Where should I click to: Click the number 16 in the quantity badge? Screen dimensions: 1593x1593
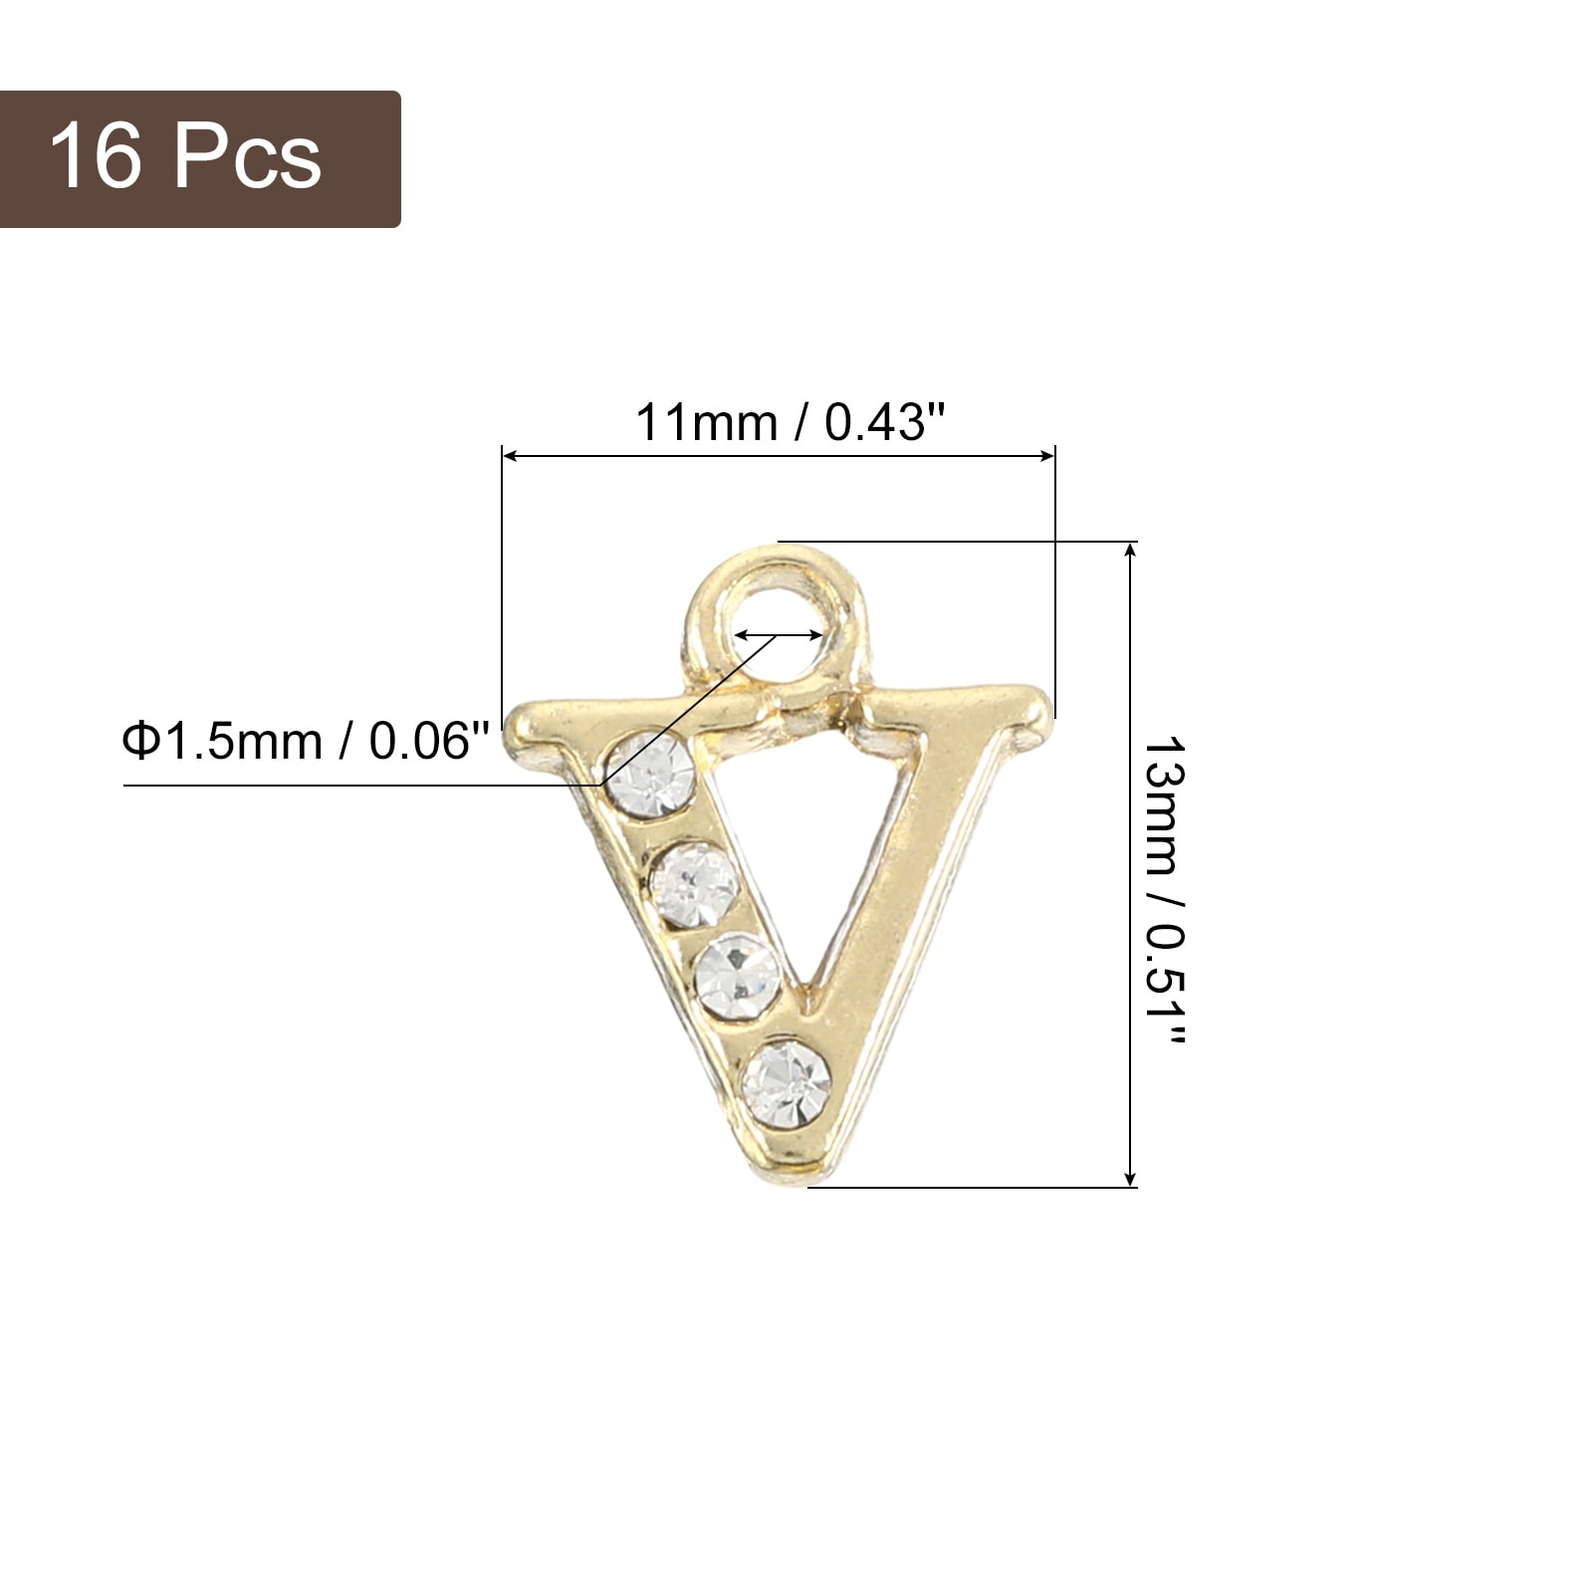tap(95, 156)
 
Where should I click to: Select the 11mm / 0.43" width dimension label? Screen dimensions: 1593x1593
tap(790, 422)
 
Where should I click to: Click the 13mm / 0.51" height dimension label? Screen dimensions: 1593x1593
tap(1163, 890)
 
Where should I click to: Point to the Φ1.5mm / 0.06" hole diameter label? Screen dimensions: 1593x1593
tap(307, 742)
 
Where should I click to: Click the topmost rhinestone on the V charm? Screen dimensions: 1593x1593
tap(650, 774)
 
